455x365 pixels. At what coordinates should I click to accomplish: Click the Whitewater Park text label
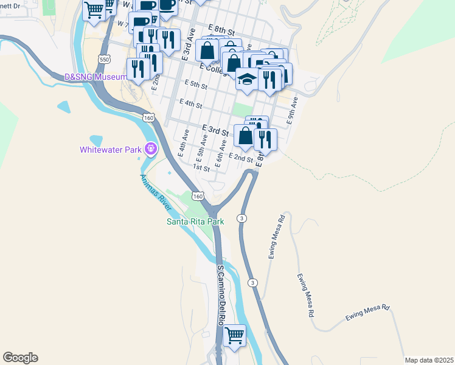tap(110, 150)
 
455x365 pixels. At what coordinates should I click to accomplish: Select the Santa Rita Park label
tap(196, 221)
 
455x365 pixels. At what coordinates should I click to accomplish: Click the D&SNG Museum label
tap(96, 77)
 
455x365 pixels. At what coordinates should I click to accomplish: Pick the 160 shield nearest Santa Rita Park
tap(196, 195)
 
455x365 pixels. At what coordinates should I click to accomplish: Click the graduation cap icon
tap(246, 80)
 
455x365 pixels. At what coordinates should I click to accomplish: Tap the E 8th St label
tap(221, 29)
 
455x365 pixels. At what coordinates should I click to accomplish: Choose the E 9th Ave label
tap(293, 111)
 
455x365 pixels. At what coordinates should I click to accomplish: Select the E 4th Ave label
tap(182, 145)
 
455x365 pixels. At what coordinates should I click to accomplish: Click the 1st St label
tap(201, 167)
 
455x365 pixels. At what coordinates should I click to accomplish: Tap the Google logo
tap(20, 358)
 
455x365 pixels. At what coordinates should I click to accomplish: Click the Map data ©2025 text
tap(428, 360)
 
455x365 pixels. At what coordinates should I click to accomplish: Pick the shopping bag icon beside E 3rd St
tap(245, 136)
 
